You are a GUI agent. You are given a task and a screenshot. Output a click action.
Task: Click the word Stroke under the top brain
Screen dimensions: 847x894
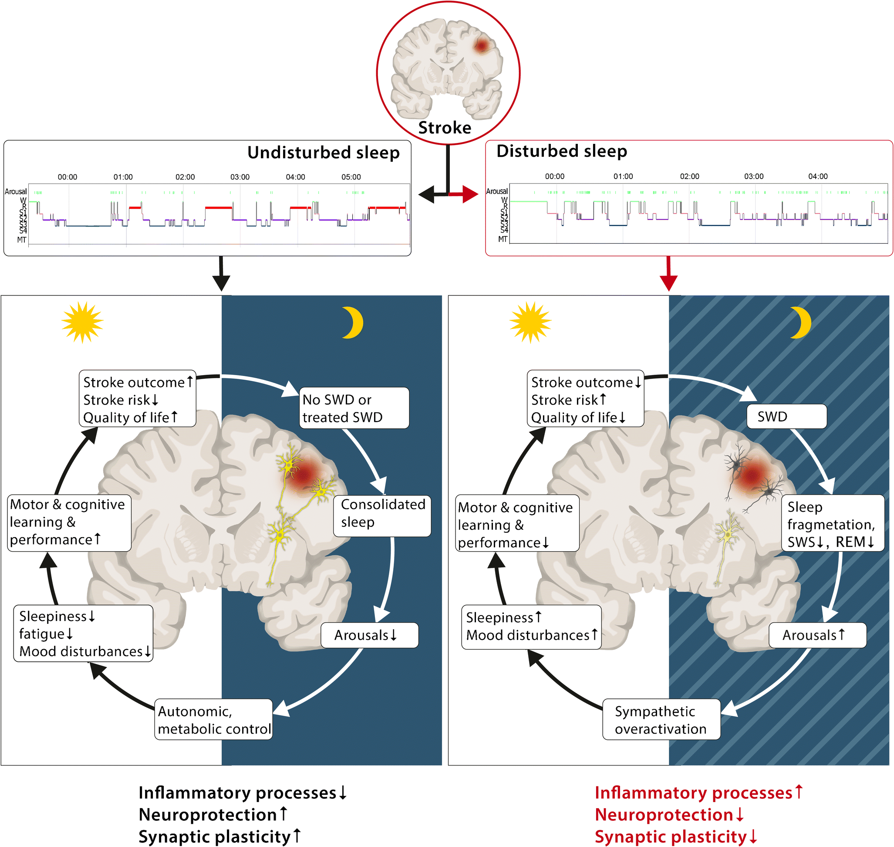pos(445,128)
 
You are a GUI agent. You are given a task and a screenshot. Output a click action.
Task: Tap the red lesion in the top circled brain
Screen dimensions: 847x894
pos(482,45)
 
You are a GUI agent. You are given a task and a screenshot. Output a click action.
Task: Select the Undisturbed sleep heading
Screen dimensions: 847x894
pos(323,152)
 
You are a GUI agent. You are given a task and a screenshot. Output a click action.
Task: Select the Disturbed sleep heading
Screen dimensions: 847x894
pos(561,151)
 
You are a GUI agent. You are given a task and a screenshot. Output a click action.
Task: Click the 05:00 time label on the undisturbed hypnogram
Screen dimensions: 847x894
pos(351,177)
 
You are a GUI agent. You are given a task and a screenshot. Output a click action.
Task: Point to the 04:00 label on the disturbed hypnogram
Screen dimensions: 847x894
pos(818,176)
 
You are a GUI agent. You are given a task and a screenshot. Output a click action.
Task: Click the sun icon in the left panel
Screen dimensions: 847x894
pos(82,322)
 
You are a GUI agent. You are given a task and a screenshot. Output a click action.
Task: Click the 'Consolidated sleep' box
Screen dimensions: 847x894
pos(382,513)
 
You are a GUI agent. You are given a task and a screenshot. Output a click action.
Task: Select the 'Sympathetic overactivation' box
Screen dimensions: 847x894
pos(661,720)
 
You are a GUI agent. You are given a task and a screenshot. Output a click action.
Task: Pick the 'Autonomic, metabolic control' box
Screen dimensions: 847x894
pos(213,720)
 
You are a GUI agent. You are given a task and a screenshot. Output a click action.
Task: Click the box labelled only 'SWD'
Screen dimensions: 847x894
pos(786,416)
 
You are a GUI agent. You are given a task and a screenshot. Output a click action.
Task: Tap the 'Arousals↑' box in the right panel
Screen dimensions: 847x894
pos(817,635)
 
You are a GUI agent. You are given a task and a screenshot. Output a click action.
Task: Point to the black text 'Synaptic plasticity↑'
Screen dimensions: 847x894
pos(219,837)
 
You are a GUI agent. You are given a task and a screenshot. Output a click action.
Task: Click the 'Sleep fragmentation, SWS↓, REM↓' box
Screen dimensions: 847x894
pos(833,524)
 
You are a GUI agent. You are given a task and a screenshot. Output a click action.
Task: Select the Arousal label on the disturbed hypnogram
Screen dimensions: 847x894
pos(496,191)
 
